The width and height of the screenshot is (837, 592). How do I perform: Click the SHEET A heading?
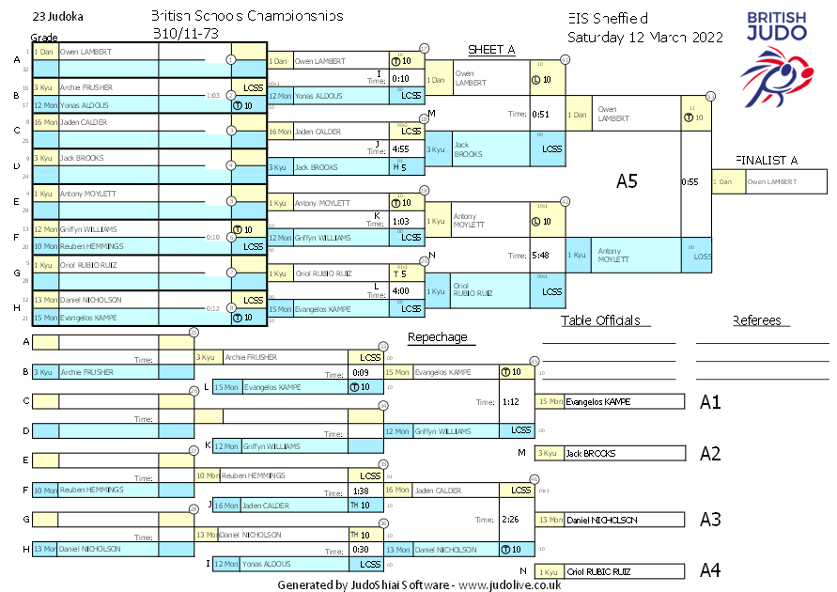click(491, 50)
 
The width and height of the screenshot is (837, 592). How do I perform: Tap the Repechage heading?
click(437, 337)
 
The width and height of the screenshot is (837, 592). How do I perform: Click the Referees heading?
click(757, 320)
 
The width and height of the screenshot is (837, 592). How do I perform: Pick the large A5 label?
click(627, 181)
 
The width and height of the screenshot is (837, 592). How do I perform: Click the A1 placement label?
click(710, 402)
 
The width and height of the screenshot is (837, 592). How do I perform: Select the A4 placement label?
click(711, 570)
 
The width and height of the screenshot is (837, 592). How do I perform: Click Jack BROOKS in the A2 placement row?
click(590, 454)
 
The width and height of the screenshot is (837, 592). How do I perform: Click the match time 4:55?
click(400, 148)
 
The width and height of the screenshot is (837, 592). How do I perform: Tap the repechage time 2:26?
click(511, 519)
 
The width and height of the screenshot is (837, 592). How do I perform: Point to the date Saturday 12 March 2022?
click(644, 38)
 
